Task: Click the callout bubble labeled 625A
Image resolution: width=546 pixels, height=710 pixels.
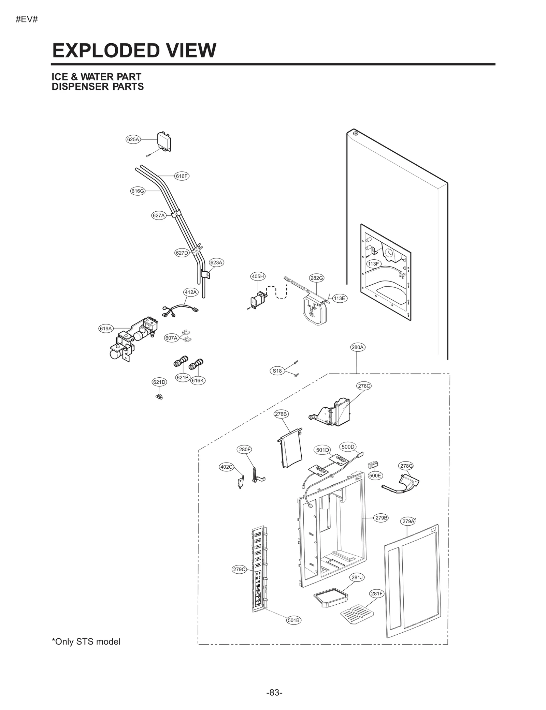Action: coord(133,139)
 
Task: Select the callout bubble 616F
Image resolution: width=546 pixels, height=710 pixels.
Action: coord(182,176)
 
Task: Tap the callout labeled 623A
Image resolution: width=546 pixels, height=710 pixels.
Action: coord(216,262)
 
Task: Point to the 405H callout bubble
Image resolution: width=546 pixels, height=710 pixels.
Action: coord(258,276)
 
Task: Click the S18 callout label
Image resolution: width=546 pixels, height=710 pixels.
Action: coord(277,371)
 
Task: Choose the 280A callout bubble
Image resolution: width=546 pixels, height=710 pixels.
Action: coord(357,347)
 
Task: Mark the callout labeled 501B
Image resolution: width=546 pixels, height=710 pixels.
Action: coord(293,620)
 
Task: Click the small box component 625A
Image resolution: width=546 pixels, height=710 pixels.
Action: coord(164,141)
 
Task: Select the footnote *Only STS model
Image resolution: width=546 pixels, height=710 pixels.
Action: coord(86,642)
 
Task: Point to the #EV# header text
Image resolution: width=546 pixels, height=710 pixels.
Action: coord(27,19)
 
